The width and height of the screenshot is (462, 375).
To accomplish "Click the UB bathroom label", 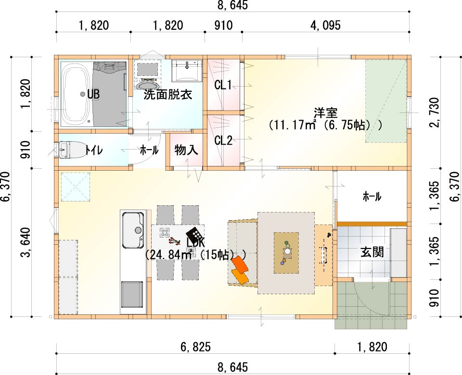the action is tap(93, 94).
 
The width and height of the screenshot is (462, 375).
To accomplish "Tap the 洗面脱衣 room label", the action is tap(168, 95).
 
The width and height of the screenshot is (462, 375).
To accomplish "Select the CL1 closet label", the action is tap(223, 86).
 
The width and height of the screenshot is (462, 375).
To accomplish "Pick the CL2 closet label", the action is tap(223, 140).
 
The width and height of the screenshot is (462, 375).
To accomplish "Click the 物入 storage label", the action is tap(186, 150).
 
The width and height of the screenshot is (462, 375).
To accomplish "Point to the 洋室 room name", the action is tap(326, 112).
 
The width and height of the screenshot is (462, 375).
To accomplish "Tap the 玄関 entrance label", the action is tap(372, 252).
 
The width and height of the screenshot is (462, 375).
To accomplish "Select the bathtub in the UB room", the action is tap(76, 94).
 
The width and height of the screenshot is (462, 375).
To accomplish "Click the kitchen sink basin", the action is tap(133, 230).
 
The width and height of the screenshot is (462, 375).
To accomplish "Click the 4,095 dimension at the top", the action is tap(325, 25).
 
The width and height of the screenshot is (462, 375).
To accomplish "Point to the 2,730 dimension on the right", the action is tap(435, 112).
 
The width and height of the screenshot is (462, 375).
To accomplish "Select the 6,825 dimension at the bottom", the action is tap(196, 347).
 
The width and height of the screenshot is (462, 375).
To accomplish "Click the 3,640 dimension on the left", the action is tap(26, 242).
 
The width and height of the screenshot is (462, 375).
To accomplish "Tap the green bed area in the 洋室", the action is tap(386, 101).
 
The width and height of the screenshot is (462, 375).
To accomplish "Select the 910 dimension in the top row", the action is tap(223, 25).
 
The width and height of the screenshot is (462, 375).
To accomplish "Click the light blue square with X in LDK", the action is tap(76, 187).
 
